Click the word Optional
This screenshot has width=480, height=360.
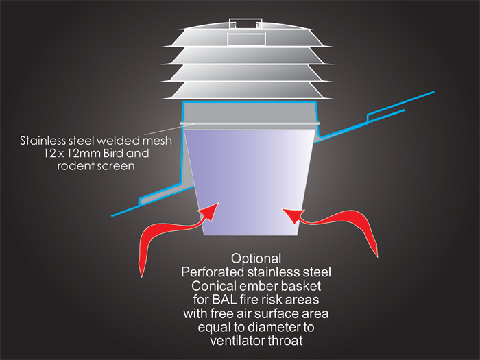tap(256, 259)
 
